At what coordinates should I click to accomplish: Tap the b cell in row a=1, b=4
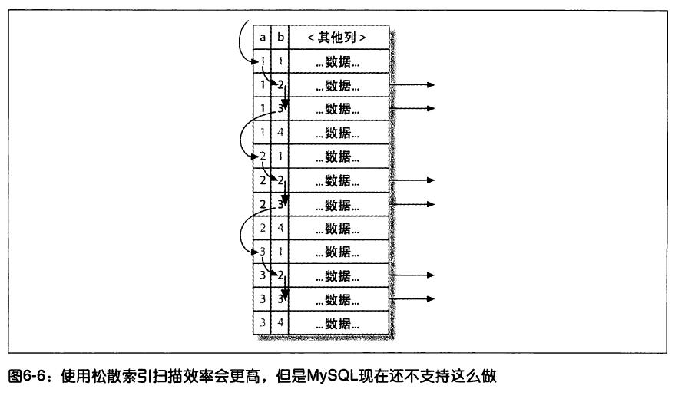280,133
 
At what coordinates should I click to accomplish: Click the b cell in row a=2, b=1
280,157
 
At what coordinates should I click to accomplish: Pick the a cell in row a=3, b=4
263,322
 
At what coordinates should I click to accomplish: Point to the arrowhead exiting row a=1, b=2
431,85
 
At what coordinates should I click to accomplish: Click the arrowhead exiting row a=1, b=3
431,109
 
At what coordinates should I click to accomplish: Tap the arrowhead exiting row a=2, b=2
431,180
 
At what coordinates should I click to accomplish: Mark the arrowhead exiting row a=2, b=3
431,204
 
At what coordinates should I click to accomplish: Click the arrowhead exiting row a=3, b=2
431,275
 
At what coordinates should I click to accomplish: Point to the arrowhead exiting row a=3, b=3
431,298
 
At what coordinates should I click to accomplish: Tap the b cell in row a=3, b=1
280,252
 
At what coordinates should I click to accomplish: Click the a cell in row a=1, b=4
263,133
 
